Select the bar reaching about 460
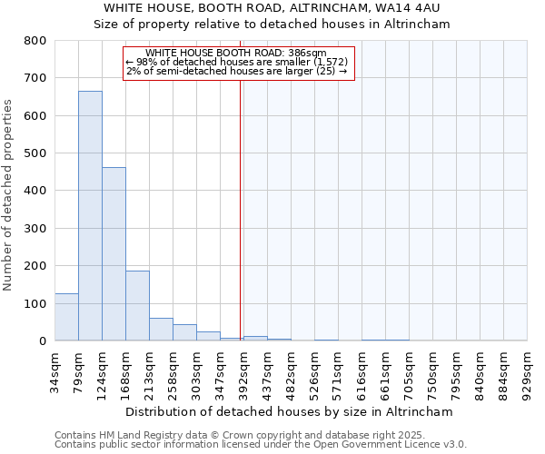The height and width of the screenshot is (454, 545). click(x=114, y=254)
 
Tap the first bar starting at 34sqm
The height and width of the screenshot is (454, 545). click(x=66, y=317)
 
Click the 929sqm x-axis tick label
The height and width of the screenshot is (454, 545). click(x=528, y=373)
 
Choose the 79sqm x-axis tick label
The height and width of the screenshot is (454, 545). click(x=78, y=373)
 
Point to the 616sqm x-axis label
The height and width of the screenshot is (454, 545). click(x=362, y=373)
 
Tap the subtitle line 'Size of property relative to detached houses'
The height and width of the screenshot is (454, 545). click(x=272, y=25)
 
